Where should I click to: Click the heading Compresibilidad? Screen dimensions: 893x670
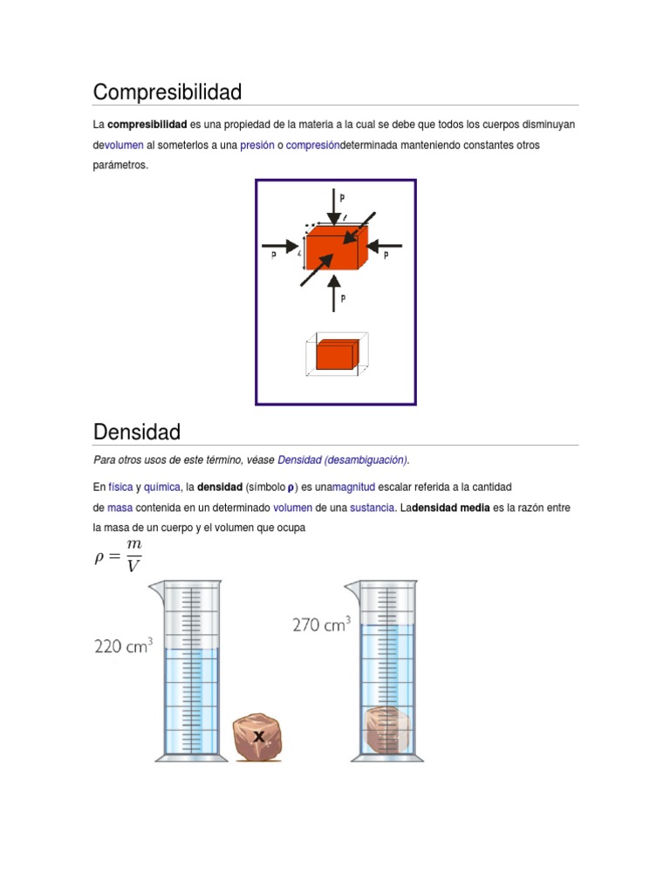tap(167, 92)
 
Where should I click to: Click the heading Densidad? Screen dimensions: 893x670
tap(137, 432)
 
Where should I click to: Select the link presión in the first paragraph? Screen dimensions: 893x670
tap(257, 145)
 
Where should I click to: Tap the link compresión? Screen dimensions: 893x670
tap(313, 145)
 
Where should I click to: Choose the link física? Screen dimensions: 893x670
tap(120, 487)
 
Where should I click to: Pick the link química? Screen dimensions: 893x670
tap(161, 487)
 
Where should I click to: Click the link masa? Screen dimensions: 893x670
tap(120, 508)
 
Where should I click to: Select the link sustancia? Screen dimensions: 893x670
tap(373, 508)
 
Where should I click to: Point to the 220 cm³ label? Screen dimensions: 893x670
tap(123, 646)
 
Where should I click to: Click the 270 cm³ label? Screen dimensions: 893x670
tap(321, 624)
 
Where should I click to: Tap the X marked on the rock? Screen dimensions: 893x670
tap(258, 737)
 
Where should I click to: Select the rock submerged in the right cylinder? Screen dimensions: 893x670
tap(386, 730)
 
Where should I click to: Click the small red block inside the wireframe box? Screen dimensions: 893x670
tap(335, 356)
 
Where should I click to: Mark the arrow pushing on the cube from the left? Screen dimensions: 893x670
tap(282, 245)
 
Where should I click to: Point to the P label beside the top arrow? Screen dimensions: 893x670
tap(343, 198)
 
